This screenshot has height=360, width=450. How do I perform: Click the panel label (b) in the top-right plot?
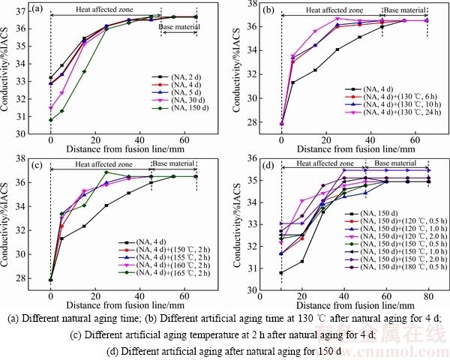pos(270,10)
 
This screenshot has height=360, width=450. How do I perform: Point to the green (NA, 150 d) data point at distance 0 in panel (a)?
pos(50,120)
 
